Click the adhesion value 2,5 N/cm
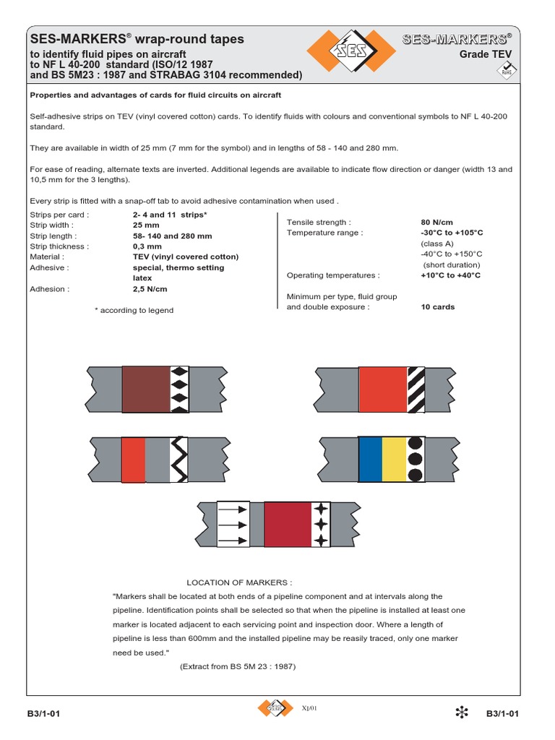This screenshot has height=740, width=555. [x=150, y=289]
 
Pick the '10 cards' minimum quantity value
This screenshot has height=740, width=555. [x=437, y=306]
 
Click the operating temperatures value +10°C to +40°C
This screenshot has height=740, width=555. [x=450, y=275]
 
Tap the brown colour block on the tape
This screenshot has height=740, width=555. [x=146, y=390]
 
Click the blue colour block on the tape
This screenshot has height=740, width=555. [x=370, y=460]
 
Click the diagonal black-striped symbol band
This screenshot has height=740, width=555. [x=416, y=390]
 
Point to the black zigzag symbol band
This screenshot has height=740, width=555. [x=178, y=460]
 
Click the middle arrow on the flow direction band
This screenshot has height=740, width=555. [x=233, y=525]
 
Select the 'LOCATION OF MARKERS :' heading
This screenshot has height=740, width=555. [x=239, y=582]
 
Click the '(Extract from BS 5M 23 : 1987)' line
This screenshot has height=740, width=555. [x=238, y=666]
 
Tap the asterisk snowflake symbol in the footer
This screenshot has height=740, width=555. [x=462, y=713]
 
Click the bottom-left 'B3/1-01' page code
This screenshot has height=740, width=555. [x=43, y=714]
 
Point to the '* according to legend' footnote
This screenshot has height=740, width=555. [x=134, y=310]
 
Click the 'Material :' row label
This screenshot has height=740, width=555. [x=47, y=257]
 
